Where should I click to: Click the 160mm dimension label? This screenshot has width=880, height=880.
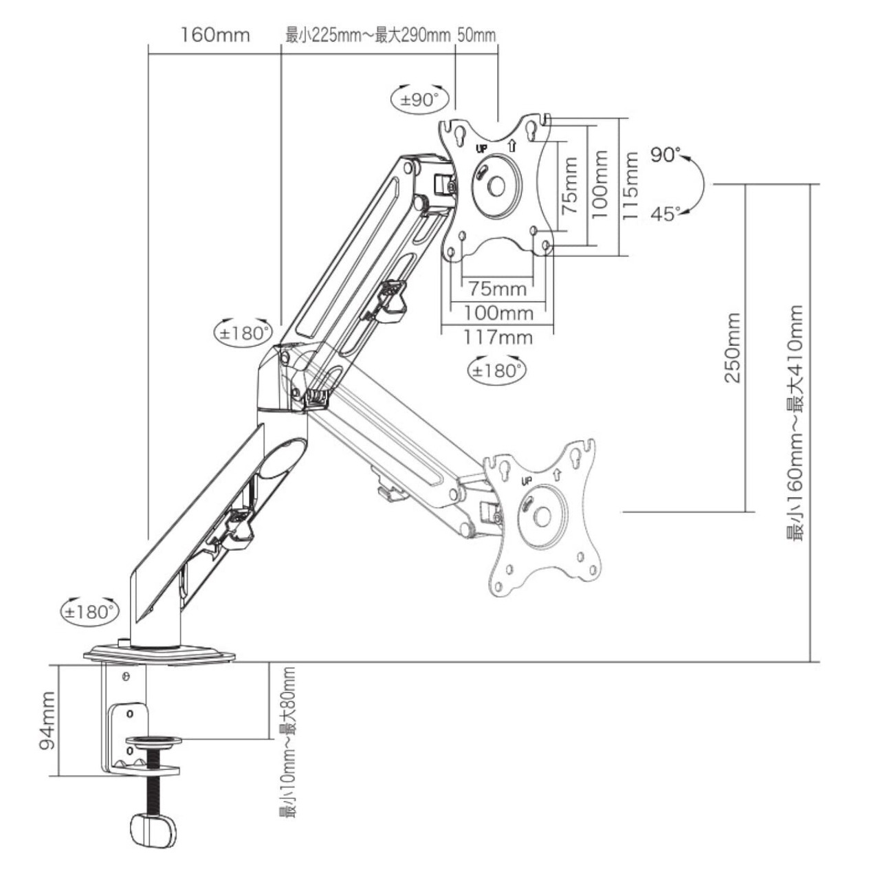(215, 35)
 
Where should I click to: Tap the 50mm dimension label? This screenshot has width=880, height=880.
(476, 34)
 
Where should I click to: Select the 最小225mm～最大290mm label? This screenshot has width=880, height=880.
(368, 34)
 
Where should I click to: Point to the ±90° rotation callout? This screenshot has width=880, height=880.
(419, 99)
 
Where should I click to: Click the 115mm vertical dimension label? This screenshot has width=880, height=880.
(630, 186)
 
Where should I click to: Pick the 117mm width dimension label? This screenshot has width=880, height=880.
(498, 338)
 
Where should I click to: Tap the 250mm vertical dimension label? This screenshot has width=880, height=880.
(732, 348)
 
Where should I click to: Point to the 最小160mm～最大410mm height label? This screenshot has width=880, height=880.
(795, 423)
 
